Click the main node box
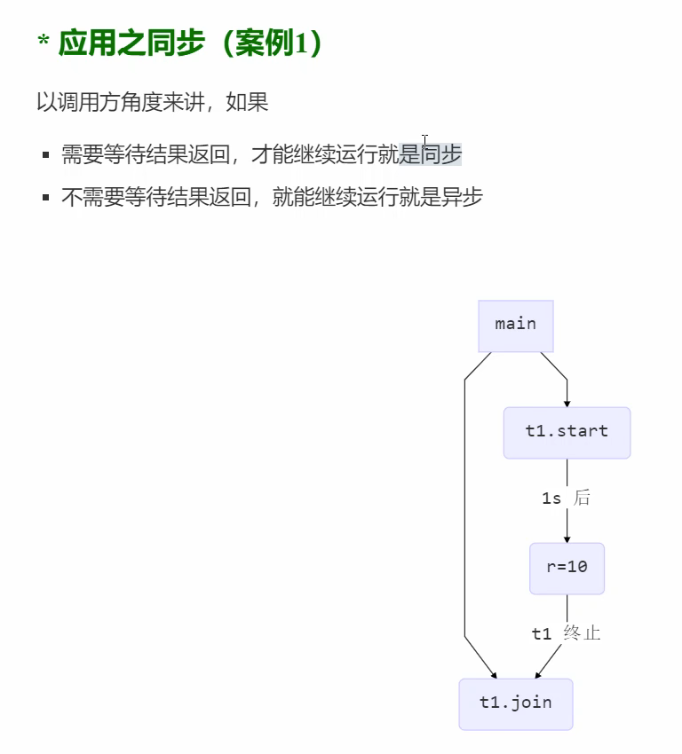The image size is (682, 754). [516, 325]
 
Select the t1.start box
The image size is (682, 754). [567, 432]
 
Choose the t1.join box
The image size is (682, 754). [516, 703]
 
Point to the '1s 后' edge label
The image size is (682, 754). [566, 499]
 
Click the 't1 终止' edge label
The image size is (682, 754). [566, 633]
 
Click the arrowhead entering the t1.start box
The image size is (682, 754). [567, 402]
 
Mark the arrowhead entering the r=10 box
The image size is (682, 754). [567, 538]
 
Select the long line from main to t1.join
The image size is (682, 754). [464, 514]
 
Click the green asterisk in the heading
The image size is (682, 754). [43, 43]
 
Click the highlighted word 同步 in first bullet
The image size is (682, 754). [441, 154]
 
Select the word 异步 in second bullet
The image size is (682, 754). [462, 197]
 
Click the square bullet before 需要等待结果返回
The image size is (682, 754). [45, 155]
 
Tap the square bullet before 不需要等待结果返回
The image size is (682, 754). [45, 197]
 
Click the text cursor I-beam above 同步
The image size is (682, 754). [425, 140]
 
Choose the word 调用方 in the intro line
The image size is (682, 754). [89, 102]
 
